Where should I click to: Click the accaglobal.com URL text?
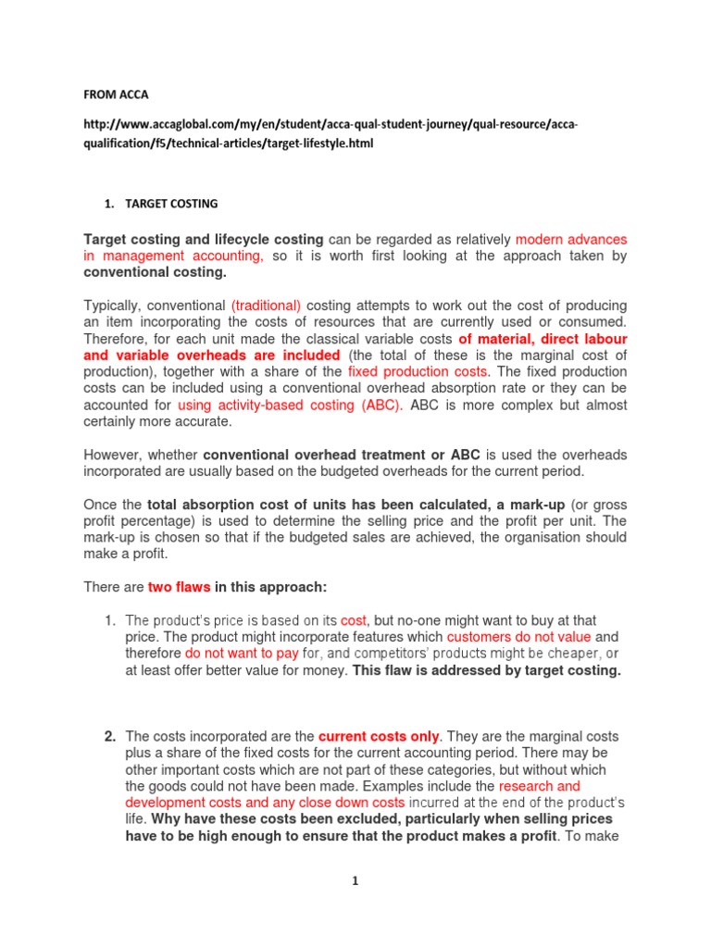pyautogui.click(x=334, y=134)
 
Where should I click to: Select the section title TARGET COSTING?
pyautogui.click(x=166, y=203)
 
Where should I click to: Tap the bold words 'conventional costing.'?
pyautogui.click(x=155, y=273)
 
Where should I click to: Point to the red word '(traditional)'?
pyautogui.click(x=266, y=306)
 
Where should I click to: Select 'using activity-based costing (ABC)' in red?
pyautogui.click(x=290, y=405)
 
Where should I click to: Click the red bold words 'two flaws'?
pyautogui.click(x=180, y=587)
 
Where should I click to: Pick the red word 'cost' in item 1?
pyautogui.click(x=354, y=620)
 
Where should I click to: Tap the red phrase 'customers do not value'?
pyautogui.click(x=519, y=637)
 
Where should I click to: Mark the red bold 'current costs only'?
pyautogui.click(x=379, y=737)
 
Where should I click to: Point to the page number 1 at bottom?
pyautogui.click(x=355, y=881)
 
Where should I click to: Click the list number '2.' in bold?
pyautogui.click(x=109, y=737)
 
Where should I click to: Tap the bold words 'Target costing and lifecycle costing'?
pyautogui.click(x=204, y=240)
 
